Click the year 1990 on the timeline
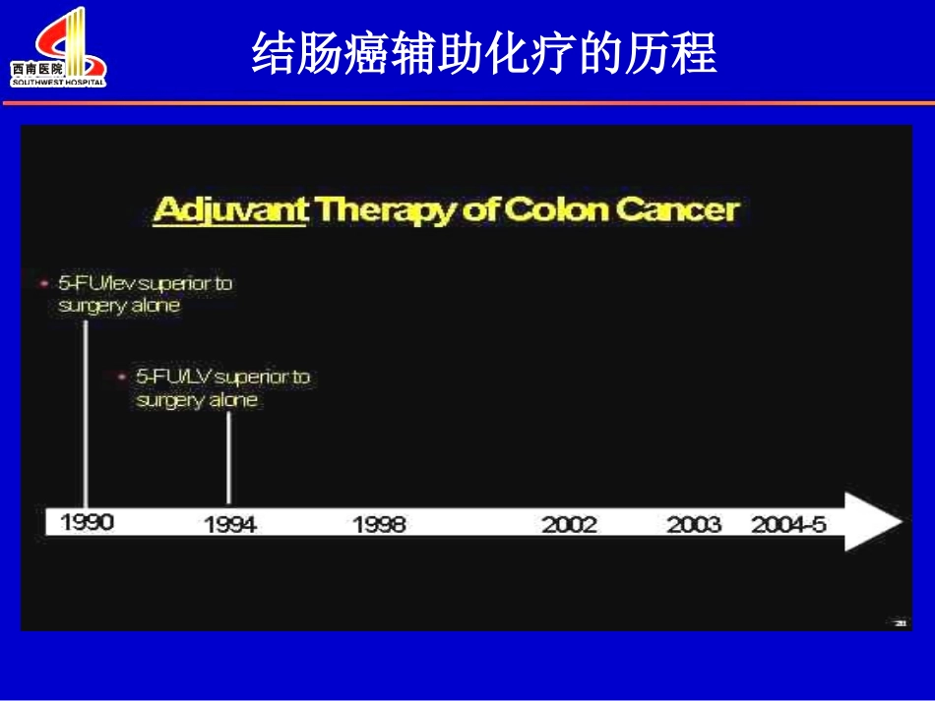click(x=88, y=523)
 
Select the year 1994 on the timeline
click(x=230, y=524)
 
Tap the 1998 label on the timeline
click(x=379, y=524)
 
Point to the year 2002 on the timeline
click(x=569, y=524)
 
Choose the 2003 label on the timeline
click(x=694, y=524)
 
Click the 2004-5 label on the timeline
click(x=788, y=524)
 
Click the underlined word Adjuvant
click(x=231, y=209)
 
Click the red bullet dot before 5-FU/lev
click(x=42, y=283)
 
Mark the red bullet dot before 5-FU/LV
click(x=121, y=377)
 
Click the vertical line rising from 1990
click(x=85, y=413)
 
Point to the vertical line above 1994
click(x=229, y=457)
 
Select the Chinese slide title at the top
click(x=484, y=53)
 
